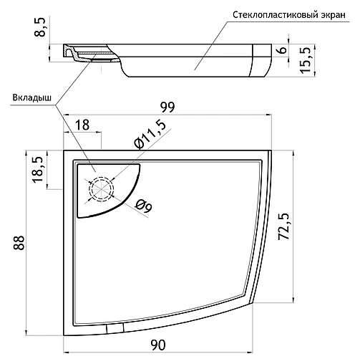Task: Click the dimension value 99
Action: [x=167, y=107]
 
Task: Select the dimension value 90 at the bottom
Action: [x=158, y=345]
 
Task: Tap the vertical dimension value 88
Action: [x=19, y=243]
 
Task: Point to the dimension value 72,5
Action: [x=283, y=226]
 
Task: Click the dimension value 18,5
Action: [x=39, y=170]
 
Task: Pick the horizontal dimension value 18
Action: [x=82, y=125]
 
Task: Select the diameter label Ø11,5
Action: [x=150, y=135]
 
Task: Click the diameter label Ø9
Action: [x=144, y=207]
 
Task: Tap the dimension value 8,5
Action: [x=40, y=27]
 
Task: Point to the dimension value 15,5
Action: [x=306, y=60]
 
